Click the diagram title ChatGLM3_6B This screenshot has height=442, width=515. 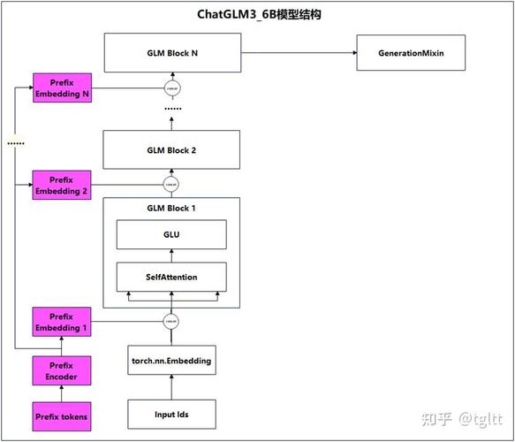point(258,15)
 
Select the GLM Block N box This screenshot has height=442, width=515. point(171,53)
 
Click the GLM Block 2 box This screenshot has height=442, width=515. point(171,150)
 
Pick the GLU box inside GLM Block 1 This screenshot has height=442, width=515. point(171,235)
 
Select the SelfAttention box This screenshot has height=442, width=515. point(171,277)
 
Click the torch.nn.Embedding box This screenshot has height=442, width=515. point(171,361)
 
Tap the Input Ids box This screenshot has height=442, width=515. point(171,413)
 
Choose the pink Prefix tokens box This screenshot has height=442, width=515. point(61,415)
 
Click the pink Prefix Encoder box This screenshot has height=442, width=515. point(61,371)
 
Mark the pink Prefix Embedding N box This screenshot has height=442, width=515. point(61,88)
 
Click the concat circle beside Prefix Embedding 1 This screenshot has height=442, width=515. point(171,321)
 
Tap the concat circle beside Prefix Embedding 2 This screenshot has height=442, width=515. point(171,185)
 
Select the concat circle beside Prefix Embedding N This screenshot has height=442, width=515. point(171,88)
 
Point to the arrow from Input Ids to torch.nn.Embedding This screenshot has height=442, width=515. point(171,386)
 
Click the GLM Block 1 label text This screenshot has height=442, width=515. point(171,207)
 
